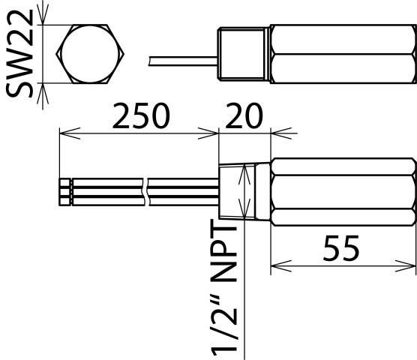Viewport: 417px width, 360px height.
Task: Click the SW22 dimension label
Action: (21, 55)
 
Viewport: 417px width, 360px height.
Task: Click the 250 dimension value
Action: (141, 117)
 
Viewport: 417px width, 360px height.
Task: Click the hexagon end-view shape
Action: (91, 55)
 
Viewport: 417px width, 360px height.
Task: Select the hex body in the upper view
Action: (341, 55)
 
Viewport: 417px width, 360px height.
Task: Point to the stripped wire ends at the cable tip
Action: (64, 192)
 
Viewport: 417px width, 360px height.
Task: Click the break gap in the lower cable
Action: (145, 192)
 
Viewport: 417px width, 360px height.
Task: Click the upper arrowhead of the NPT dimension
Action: (243, 172)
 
